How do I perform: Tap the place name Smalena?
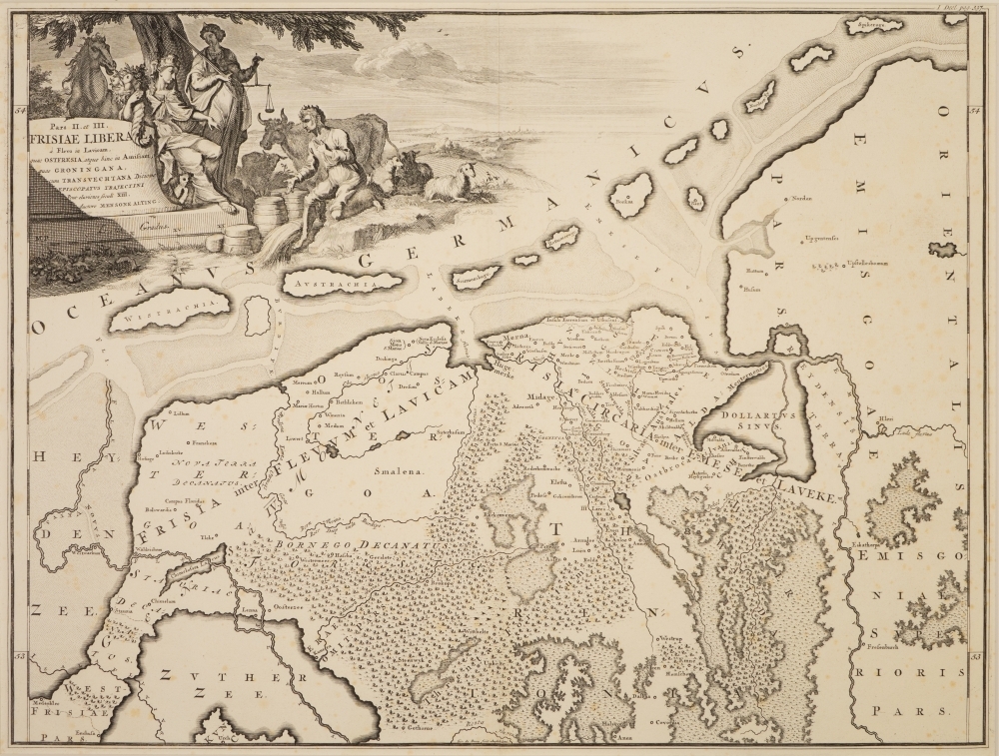coord(390,467)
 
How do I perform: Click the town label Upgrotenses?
coord(819,240)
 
